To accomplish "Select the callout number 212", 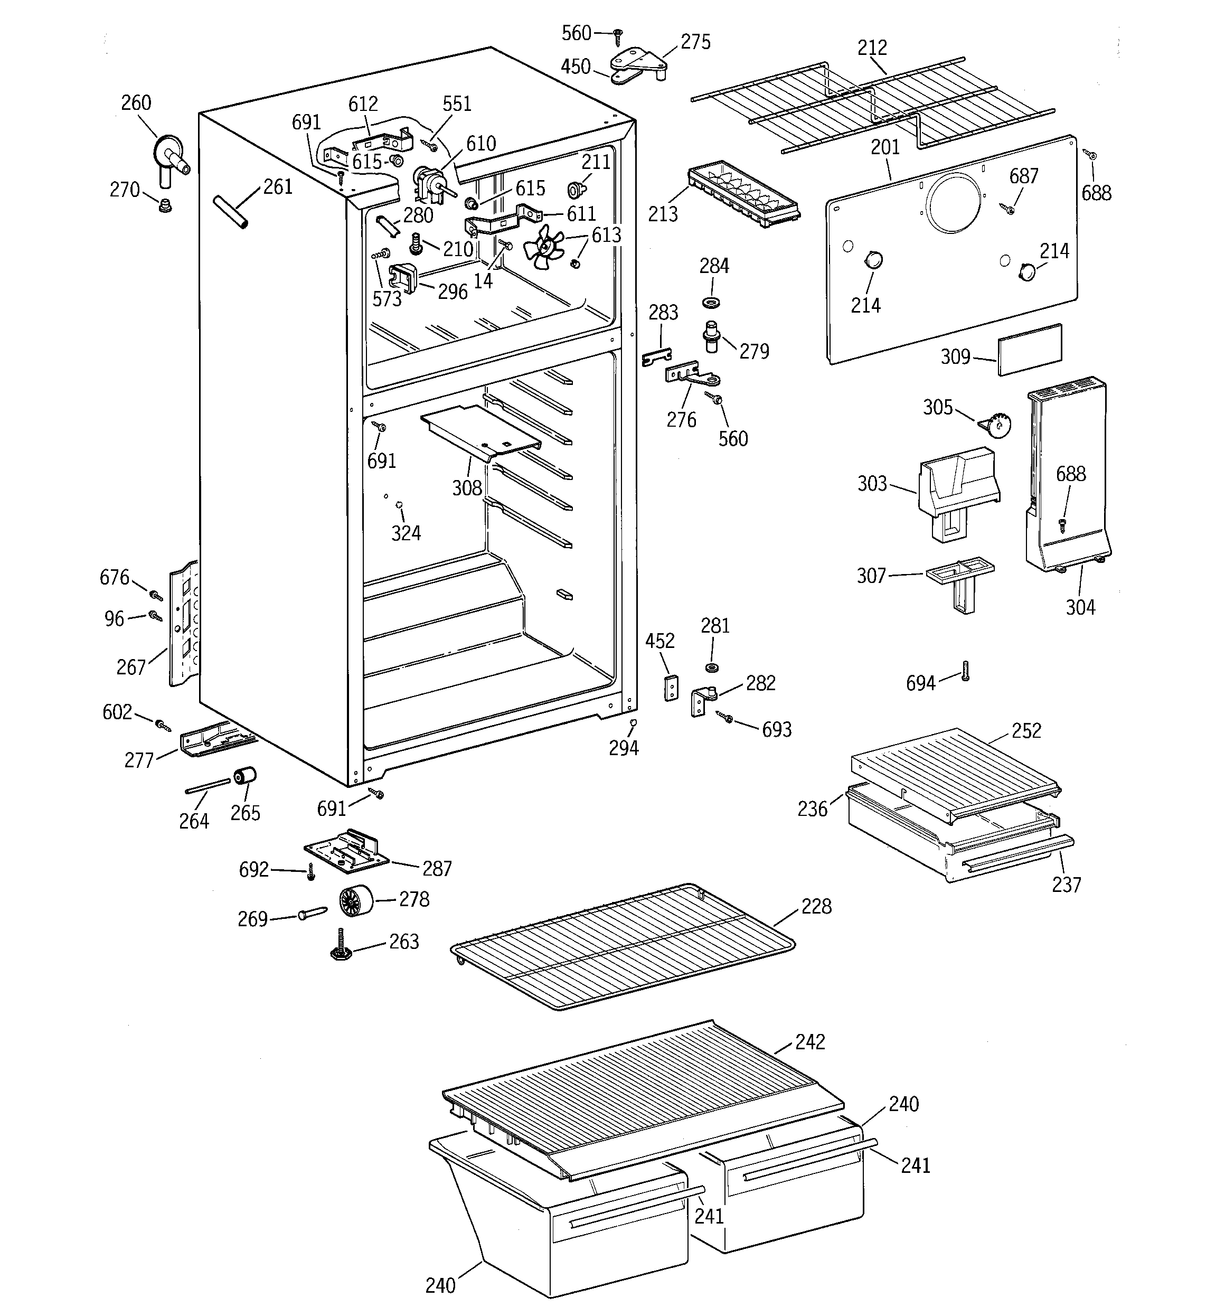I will tap(872, 48).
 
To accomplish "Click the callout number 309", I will tap(955, 356).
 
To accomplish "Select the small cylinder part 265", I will tap(244, 776).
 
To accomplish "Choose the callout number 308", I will tap(467, 488).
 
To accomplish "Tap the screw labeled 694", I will tap(965, 671).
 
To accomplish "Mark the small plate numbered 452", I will tap(670, 687).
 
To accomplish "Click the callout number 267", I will tap(131, 667).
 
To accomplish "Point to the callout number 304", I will tap(1080, 607).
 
